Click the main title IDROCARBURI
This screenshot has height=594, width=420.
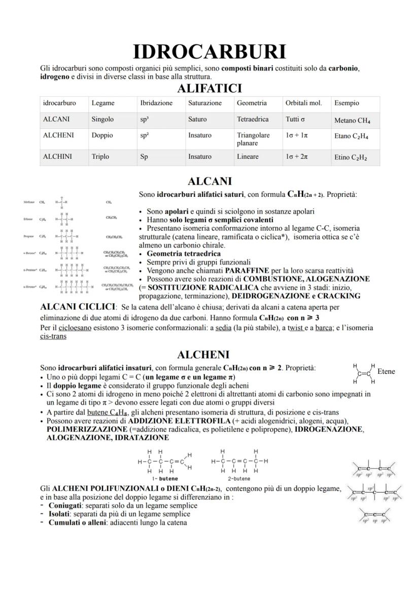point(209,52)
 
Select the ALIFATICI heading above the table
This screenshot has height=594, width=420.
point(209,89)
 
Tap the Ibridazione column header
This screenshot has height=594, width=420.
point(156,103)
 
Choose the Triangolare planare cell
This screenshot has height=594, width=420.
point(253,139)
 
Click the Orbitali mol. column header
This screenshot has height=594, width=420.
point(303,103)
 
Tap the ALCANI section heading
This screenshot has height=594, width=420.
point(209,181)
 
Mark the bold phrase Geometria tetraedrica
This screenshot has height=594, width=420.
point(184,254)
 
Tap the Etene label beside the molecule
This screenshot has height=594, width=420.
point(386,372)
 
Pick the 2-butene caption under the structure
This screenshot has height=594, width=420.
point(238,478)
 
